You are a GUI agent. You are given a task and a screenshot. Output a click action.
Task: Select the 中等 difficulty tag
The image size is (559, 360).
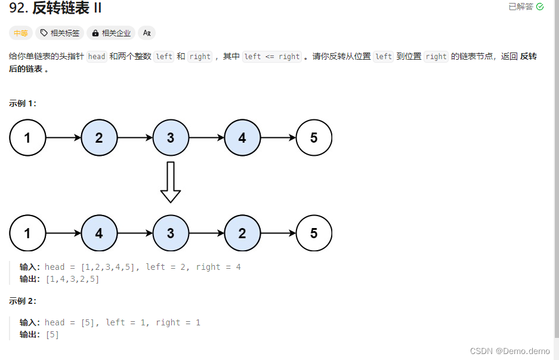[x=21, y=33]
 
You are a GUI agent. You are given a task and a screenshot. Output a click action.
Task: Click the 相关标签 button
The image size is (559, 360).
[x=60, y=33]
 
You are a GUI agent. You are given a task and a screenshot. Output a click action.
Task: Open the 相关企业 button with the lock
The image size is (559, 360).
[x=111, y=33]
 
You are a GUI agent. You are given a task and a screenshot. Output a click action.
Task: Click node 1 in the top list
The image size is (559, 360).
[x=27, y=138]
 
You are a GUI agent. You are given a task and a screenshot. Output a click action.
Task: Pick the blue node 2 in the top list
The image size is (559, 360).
[x=99, y=138]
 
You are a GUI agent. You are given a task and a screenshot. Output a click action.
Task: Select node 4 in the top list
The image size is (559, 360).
[x=242, y=138]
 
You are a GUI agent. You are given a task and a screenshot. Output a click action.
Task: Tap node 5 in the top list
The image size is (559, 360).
[x=314, y=138]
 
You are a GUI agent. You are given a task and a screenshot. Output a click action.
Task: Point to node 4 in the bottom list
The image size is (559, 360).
[x=99, y=233]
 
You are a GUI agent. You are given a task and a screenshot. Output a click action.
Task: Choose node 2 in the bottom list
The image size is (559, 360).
[x=242, y=233]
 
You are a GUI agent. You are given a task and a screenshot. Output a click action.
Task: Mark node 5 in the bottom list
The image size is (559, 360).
[x=314, y=233]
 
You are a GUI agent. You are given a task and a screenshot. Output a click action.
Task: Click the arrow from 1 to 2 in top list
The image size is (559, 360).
[x=63, y=138]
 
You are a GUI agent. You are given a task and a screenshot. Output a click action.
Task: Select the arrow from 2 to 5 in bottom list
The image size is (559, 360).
[x=278, y=233]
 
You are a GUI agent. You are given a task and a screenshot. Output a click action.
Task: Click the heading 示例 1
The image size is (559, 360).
[x=23, y=103]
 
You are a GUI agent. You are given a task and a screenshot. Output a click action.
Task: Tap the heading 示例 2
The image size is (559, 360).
[x=23, y=301]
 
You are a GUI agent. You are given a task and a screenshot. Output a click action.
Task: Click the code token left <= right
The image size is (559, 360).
[x=272, y=57]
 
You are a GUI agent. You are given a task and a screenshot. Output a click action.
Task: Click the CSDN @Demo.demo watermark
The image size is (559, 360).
[x=509, y=350]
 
